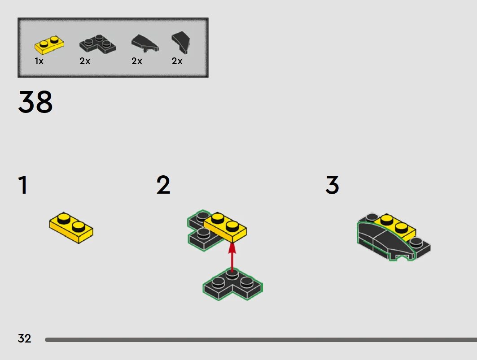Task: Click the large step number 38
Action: point(35,102)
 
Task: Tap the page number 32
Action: point(24,338)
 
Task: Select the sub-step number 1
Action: point(23,185)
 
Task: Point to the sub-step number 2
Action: point(163,185)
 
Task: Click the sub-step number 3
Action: point(332,185)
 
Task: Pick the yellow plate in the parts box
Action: point(49,45)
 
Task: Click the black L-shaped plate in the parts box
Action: point(97,44)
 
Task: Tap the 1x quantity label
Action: point(39,61)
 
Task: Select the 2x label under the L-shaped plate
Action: point(85,61)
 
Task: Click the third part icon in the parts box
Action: point(144,43)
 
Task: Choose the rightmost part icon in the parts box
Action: point(181,43)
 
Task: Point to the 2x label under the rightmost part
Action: point(177,61)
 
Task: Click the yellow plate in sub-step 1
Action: point(71,228)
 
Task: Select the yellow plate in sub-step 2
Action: point(225,227)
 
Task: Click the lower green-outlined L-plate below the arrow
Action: point(232,284)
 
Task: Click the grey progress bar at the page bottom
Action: point(261,340)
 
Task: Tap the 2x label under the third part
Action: point(137,61)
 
